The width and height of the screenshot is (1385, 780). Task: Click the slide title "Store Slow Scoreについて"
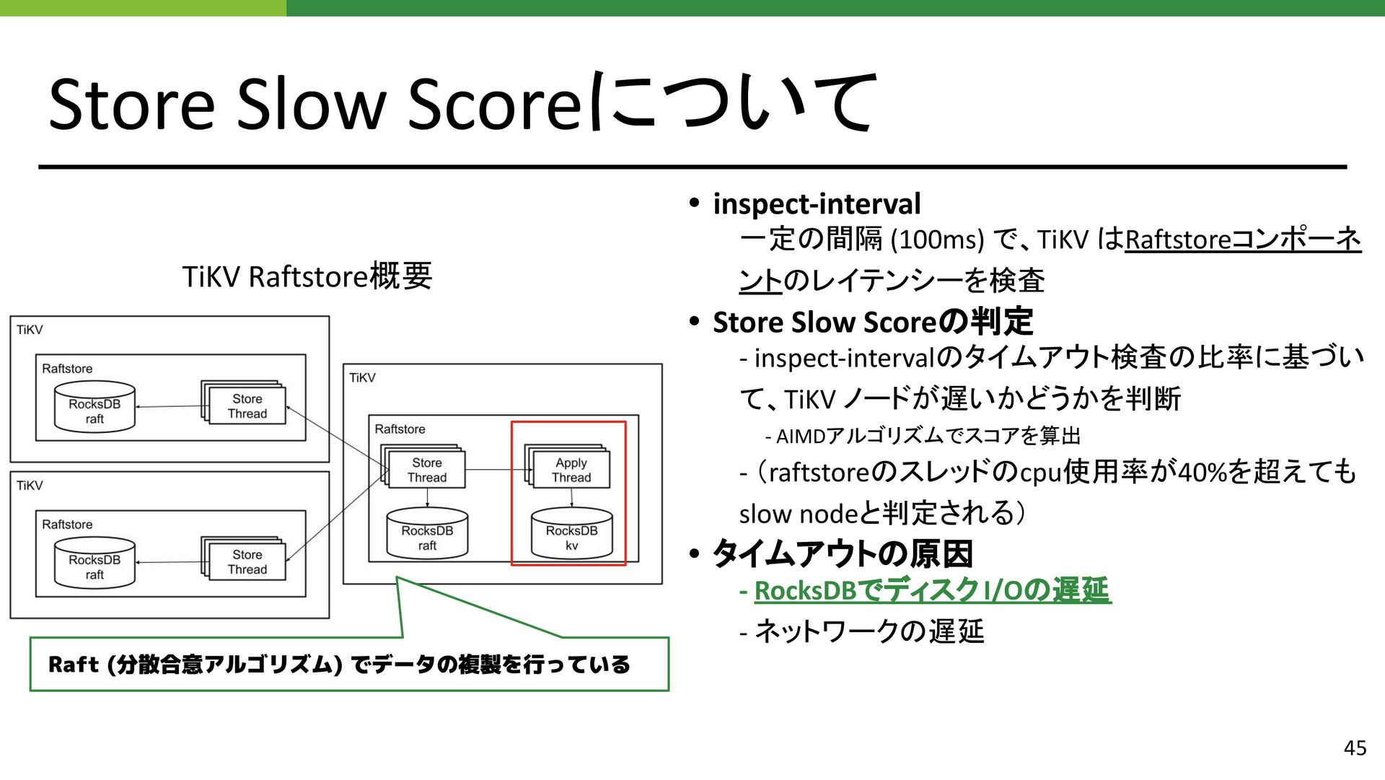click(462, 103)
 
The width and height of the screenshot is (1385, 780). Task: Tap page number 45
click(1355, 748)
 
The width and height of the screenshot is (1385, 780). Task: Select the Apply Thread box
click(571, 470)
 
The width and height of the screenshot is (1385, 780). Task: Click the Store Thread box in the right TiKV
click(426, 470)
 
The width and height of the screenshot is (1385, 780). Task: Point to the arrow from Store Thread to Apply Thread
click(495, 470)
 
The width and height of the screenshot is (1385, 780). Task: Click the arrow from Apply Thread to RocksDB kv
click(572, 499)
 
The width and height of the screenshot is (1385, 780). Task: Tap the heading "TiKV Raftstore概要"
click(307, 276)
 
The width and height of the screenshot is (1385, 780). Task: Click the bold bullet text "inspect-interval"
click(817, 204)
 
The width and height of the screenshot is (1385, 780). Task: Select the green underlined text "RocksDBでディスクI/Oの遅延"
click(932, 591)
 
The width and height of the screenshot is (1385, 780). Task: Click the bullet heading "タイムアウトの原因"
click(843, 554)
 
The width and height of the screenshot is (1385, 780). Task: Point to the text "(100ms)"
click(938, 240)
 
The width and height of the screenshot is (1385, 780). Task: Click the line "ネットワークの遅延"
click(869, 631)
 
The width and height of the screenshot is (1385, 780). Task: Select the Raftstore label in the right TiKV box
click(400, 429)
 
